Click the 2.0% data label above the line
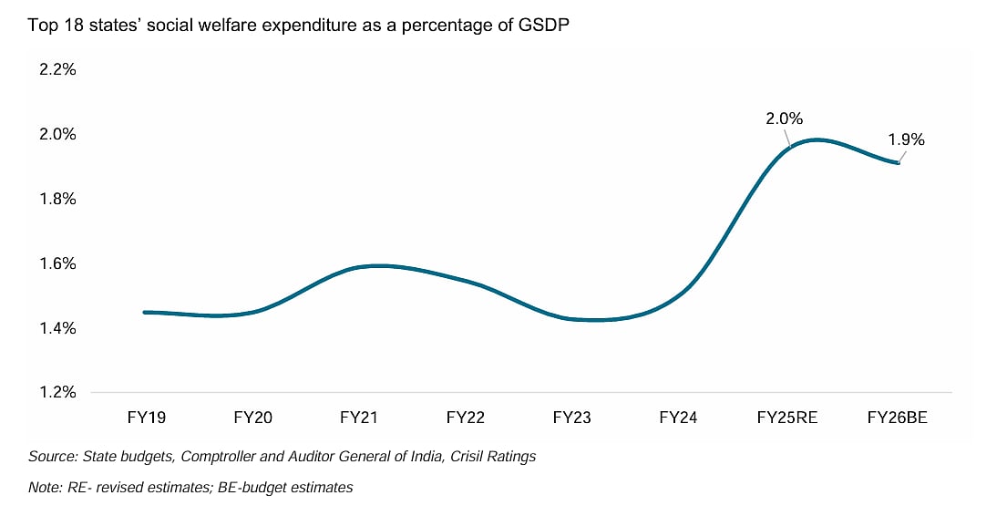pos(784,119)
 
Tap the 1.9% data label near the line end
pos(907,139)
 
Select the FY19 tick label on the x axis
pos(147,418)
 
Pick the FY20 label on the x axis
pos(253,418)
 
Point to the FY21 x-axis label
pos(359,418)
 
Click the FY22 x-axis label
pos(465,418)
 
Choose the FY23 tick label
pos(571,418)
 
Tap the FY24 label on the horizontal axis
pos(678,418)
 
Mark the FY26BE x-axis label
pos(897,418)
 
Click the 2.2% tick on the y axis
pos(57,70)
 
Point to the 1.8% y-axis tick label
pos(57,200)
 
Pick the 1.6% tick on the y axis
pos(57,264)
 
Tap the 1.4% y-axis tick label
pos(57,328)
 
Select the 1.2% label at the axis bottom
pos(57,393)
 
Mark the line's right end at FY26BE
pos(899,162)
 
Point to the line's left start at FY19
pos(146,312)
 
